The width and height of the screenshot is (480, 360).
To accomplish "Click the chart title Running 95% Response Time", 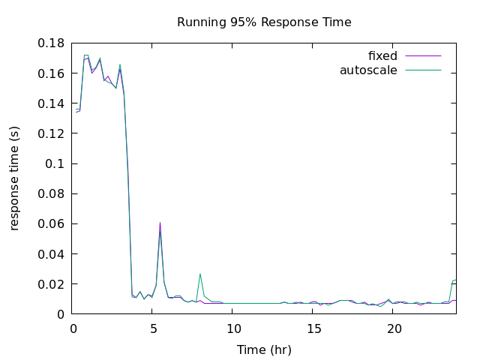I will tap(264, 22).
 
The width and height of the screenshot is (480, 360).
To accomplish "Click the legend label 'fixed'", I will tap(382, 56).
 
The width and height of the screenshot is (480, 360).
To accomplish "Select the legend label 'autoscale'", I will tap(368, 70).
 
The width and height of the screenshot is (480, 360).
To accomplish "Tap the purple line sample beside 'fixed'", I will tap(423, 56).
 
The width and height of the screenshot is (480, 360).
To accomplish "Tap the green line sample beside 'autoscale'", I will tap(423, 70).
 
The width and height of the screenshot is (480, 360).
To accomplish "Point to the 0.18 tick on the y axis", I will tap(52, 43).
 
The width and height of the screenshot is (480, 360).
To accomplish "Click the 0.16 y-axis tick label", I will tap(52, 73).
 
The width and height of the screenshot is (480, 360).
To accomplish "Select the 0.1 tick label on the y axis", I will tap(55, 163).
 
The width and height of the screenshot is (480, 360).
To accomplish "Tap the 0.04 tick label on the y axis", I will tap(52, 254).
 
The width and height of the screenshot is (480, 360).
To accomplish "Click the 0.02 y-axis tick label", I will tap(52, 284).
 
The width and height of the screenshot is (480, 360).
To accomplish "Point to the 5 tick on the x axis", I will tap(153, 328).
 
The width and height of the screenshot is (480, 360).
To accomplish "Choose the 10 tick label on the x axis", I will tap(233, 328).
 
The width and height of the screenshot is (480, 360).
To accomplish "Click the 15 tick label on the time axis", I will tap(313, 328).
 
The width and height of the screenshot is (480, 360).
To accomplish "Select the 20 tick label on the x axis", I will tap(394, 328).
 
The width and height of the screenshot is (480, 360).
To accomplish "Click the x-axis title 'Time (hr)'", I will tap(264, 349).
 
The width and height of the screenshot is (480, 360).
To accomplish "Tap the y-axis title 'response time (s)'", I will tap(15, 178).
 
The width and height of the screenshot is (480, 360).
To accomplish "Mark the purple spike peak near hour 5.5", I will tap(160, 223).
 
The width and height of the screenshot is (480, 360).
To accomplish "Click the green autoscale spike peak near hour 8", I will tap(200, 274).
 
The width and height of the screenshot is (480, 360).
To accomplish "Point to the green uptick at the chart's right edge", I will tap(454, 280).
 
